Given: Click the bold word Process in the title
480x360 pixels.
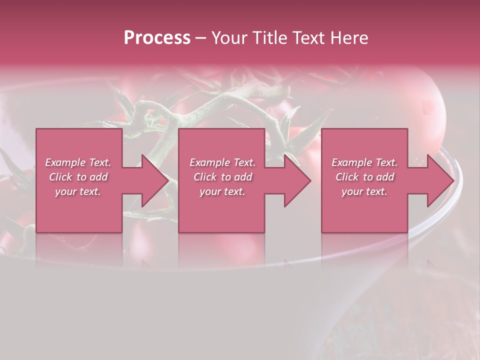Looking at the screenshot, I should tap(157, 38).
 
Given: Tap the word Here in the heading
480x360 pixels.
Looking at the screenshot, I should tap(349, 38).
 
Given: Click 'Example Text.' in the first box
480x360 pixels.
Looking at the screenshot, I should tap(78, 162).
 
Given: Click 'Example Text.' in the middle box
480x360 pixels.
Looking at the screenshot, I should tap(222, 162).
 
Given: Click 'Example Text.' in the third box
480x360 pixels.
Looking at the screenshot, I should tap(364, 162).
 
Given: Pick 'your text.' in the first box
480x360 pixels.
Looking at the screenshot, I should tap(78, 191).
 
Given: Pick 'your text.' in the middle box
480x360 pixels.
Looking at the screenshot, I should tap(222, 191).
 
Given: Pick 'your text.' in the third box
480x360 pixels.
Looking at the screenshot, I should tap(364, 191).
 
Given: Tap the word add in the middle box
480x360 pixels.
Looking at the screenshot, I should tap(243, 177).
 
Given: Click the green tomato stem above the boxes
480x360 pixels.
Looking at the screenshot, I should tap(210, 100).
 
